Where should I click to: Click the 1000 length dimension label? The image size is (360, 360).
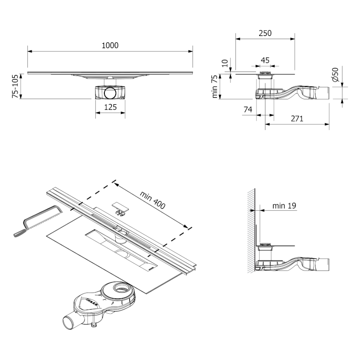[x=110, y=45]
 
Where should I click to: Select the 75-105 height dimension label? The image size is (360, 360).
[x=15, y=86]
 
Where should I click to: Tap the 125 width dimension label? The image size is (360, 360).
[x=110, y=107]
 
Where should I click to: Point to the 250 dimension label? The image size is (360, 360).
[x=265, y=33]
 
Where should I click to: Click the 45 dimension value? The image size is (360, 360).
[x=265, y=60]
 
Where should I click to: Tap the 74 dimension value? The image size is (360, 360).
[x=247, y=109]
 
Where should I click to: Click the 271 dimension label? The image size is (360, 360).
[x=297, y=119]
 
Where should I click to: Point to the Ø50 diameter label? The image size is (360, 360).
[x=335, y=75]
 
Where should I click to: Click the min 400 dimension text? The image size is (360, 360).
[x=153, y=200]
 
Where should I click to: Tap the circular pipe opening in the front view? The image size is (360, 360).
[x=110, y=94]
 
